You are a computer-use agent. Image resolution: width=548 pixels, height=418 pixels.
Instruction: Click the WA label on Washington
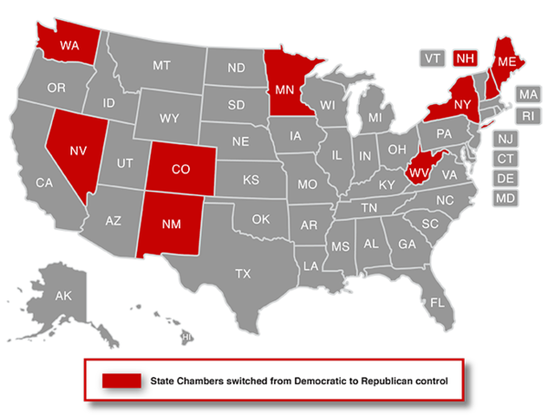point(68,43)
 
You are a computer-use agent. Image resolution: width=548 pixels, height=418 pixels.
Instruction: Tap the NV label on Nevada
point(79,152)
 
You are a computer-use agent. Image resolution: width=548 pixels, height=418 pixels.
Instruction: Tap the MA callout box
point(527,94)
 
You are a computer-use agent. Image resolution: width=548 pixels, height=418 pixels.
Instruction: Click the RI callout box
point(527,116)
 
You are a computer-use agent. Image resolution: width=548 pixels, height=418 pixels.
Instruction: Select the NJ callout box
point(505,139)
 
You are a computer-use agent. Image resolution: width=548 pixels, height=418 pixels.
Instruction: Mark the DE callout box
point(505,178)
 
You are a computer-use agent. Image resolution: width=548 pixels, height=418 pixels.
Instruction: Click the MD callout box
point(505,198)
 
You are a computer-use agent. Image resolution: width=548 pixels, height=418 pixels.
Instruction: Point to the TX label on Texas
point(243,273)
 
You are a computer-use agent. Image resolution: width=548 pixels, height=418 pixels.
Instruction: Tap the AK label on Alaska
point(63,296)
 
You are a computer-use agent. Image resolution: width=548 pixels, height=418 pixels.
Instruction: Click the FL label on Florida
point(438,302)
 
